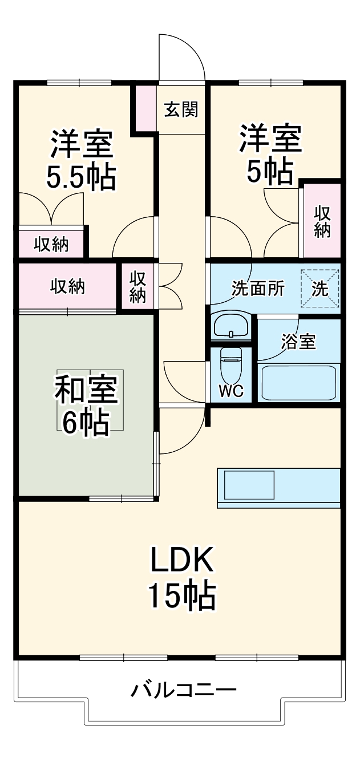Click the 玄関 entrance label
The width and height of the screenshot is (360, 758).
pos(181,109)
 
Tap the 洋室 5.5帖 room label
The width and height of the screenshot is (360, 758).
pos(81,160)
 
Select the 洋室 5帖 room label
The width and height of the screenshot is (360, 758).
pos(269,154)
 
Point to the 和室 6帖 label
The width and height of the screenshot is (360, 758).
pos(86,405)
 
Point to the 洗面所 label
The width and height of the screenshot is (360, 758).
pos(257,289)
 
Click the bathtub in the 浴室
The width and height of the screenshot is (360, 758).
pos(298,382)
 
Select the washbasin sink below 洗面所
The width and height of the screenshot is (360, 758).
pos(230,326)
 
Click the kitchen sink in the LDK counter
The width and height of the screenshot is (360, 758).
pos(249,485)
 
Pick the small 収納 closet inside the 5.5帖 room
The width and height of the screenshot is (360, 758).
pos(51,244)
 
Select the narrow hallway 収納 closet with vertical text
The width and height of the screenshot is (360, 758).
pos(137,286)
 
